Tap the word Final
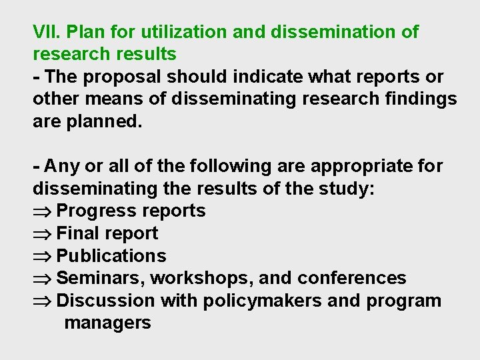pos(78,233)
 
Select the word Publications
pos(111,256)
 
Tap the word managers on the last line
pos(107,323)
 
